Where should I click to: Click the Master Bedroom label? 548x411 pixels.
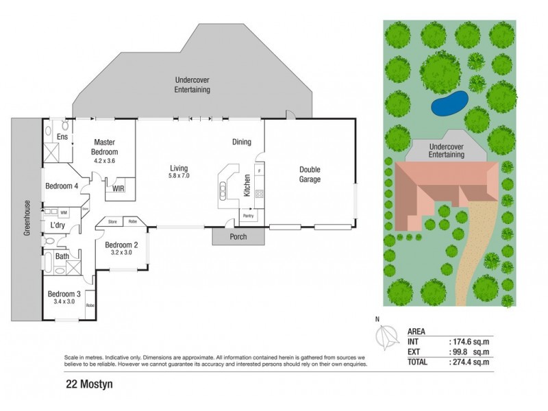[x=105, y=147]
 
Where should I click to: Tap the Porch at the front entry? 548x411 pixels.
[x=229, y=237]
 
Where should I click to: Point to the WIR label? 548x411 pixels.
[x=119, y=188]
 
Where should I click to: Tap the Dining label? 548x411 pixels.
[x=242, y=142]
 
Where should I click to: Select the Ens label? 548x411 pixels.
[x=62, y=138]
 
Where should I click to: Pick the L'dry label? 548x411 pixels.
[x=58, y=225]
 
